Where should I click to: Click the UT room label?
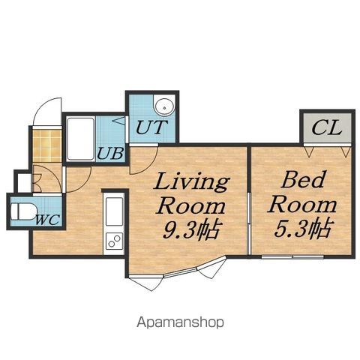coord(151,127)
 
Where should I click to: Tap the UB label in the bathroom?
coord(110,153)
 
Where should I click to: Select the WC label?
coord(48,220)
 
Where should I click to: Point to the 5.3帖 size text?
coord(303,228)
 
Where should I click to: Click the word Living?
coord(192,182)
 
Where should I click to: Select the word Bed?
coord(304,179)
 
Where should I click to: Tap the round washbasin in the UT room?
coord(164,106)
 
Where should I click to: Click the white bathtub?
coord(81,139)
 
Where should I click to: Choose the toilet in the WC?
coord(23,211)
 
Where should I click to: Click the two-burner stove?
coord(115,241)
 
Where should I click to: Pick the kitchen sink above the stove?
coord(115,211)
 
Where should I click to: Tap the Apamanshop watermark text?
coord(180,322)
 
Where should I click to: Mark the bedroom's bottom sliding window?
coord(292,256)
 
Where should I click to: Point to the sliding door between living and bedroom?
coord(249,223)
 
